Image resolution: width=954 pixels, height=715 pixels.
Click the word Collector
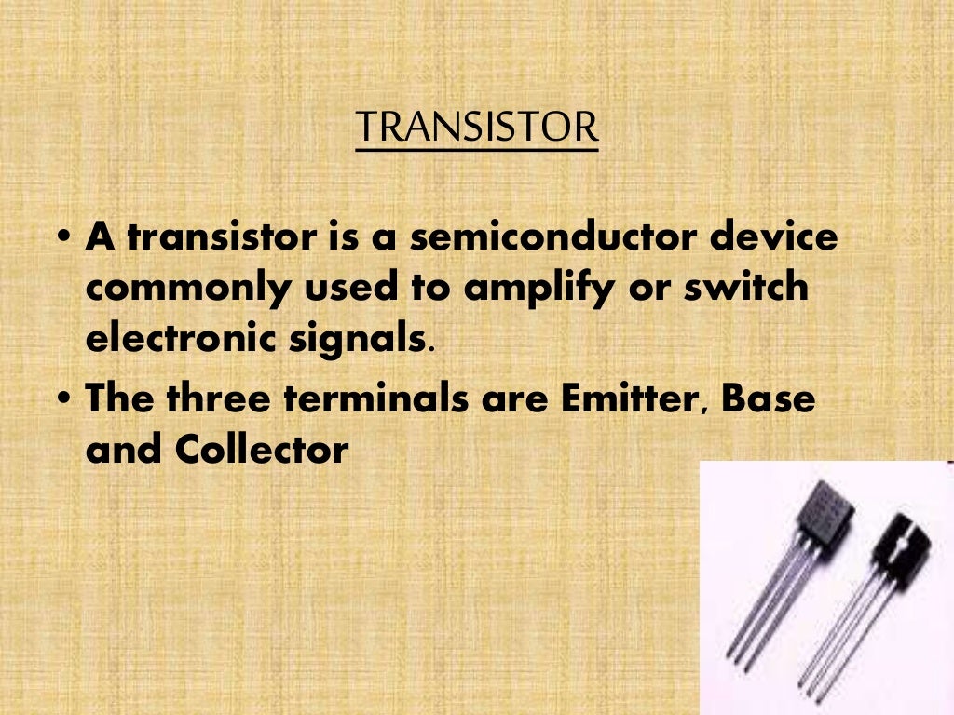(261, 451)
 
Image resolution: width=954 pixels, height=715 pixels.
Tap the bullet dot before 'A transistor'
(63, 239)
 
